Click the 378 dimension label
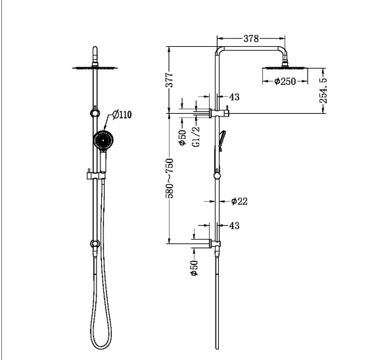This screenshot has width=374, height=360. coord(251,38)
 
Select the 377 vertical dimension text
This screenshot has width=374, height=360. coord(170,80)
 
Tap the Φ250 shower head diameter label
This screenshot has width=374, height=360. coord(285,82)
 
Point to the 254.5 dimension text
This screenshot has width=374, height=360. coord(323,90)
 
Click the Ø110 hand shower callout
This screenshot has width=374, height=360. coord(122,115)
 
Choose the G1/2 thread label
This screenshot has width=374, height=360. coord(196,136)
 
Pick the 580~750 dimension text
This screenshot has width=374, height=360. coord(170,178)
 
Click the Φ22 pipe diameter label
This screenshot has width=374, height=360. coord(239,201)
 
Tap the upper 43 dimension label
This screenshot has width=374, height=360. coord(234,97)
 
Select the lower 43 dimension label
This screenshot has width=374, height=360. coord(234,226)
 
